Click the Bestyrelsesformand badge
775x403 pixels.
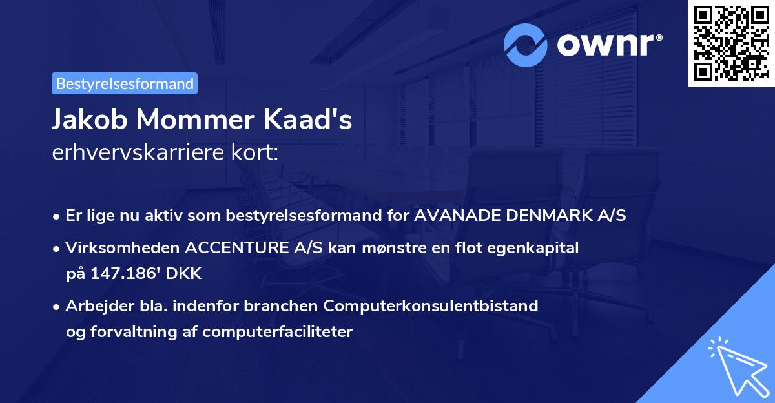tap(124, 83)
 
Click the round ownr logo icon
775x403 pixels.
tap(526, 45)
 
